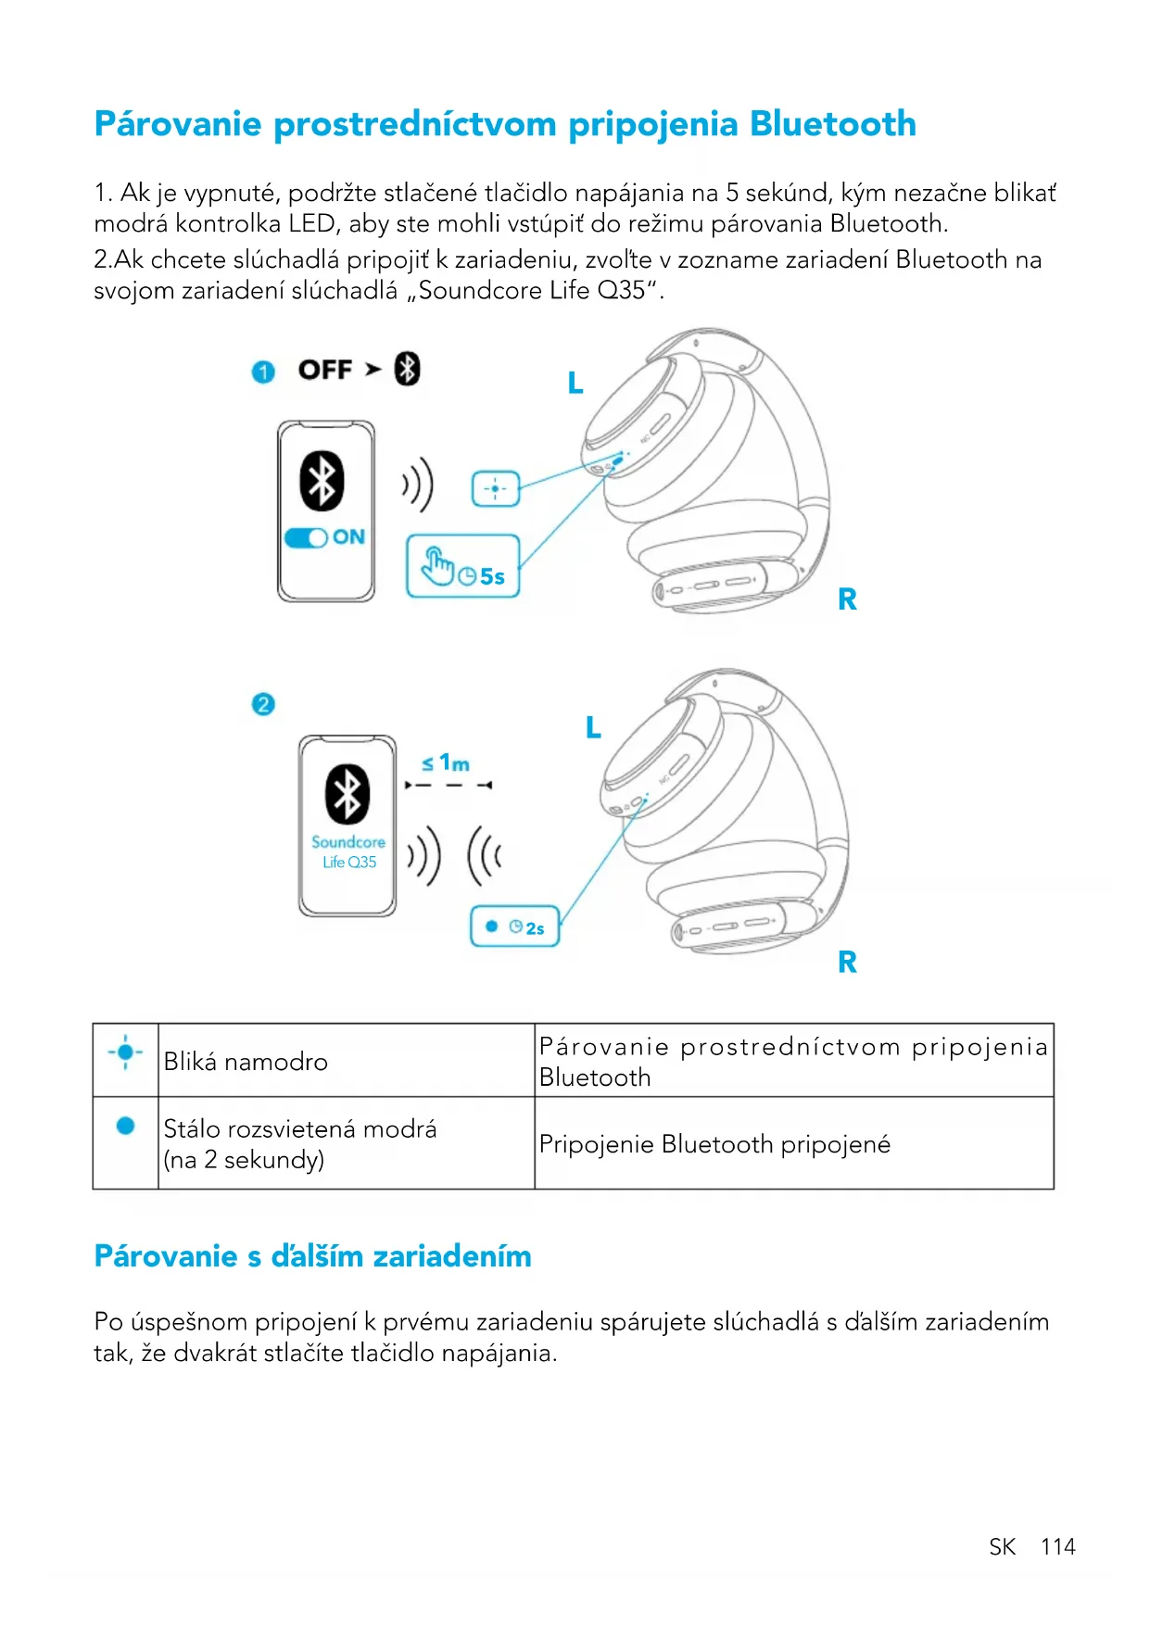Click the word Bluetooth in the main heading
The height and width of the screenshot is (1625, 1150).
pos(832,124)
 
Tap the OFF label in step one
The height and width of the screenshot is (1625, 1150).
pos(325,370)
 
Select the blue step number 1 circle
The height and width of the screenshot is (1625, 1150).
pos(263,372)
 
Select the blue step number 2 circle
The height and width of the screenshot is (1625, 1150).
pos(263,704)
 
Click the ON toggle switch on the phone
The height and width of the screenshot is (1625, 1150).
pos(307,537)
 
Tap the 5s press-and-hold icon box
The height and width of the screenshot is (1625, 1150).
pos(462,566)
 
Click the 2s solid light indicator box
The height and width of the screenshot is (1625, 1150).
pos(514,926)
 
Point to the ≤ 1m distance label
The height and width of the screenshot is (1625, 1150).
pos(446,763)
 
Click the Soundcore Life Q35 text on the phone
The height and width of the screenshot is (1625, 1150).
pos(348,851)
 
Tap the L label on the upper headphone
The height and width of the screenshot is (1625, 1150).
pos(575,383)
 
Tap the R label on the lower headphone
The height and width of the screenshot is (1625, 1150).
pos(847,962)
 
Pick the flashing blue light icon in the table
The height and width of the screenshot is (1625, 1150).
pos(125,1052)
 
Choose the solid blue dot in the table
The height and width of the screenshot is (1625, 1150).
pos(126,1126)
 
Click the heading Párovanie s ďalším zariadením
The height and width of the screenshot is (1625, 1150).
pos(313,1256)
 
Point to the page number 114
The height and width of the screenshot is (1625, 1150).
pos(1057,1546)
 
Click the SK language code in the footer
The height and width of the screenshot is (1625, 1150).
pos(1002,1546)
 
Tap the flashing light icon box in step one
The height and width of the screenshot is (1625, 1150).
pos(496,488)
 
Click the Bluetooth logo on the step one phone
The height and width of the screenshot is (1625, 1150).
pos(322,481)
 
